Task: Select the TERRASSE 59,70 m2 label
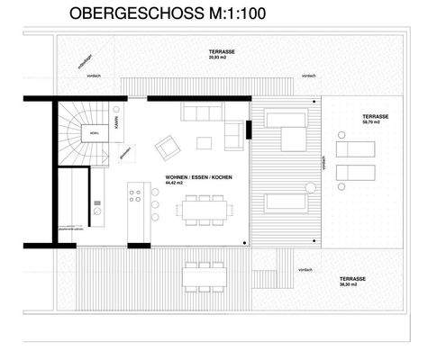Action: [x=376, y=120]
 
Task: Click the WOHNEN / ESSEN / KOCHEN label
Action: [x=199, y=177]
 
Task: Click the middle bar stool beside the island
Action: [x=154, y=205]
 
